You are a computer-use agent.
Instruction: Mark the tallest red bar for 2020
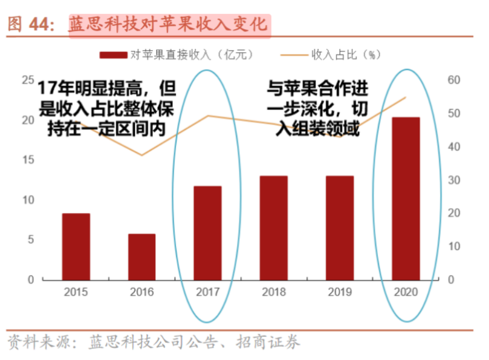tap(406, 199)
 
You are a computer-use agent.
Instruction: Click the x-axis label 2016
tap(142, 293)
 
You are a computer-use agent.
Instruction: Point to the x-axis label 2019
tap(340, 293)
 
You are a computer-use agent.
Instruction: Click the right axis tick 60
tap(455, 80)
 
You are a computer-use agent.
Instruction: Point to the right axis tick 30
tap(455, 180)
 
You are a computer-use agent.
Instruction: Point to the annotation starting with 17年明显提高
tap(106, 108)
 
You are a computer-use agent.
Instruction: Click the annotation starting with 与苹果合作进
tap(317, 108)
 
